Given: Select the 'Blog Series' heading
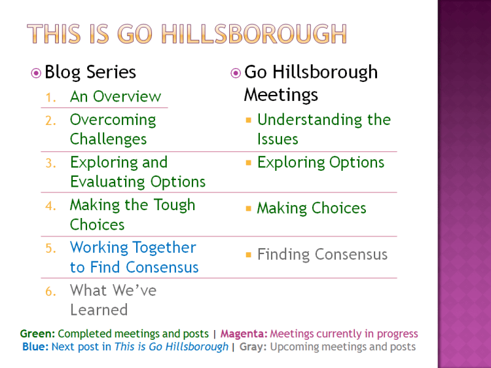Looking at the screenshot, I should (90, 72).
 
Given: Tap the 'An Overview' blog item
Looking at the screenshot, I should (115, 97).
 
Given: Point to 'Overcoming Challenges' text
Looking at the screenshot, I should (113, 130).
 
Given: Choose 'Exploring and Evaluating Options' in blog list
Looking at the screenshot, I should (137, 172).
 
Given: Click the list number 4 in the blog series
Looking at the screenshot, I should (51, 206).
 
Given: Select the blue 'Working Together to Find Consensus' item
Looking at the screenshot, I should (134, 257).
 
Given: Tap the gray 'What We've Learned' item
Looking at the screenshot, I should (113, 300).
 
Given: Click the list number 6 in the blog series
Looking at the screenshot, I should (51, 291).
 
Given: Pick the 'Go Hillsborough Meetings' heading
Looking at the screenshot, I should (310, 83).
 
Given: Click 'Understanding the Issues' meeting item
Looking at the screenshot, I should (323, 130).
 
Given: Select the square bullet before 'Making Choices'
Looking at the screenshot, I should (249, 209).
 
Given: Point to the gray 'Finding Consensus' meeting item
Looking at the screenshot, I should (322, 255).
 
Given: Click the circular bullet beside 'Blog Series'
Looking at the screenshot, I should (36, 73).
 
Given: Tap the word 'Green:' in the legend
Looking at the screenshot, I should (37, 334).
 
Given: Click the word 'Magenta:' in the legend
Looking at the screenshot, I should (244, 334).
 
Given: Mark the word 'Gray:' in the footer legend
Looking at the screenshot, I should (253, 347).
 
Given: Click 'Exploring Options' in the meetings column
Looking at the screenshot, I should (321, 162).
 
